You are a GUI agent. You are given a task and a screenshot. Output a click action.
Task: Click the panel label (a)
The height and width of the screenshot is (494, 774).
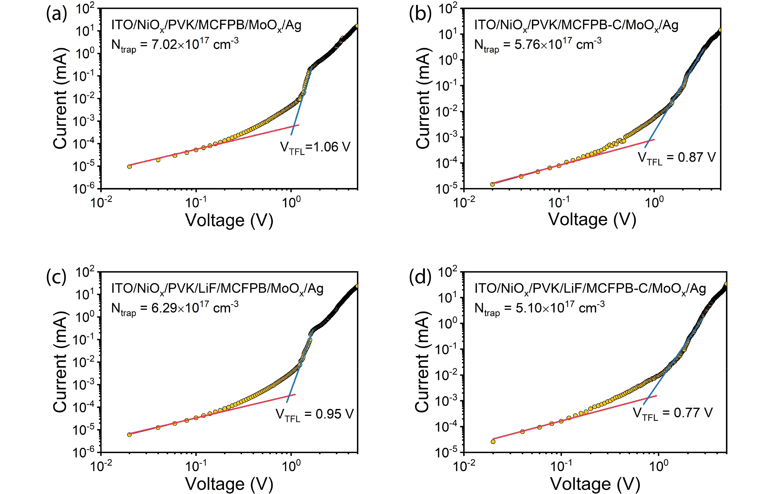coord(57,14)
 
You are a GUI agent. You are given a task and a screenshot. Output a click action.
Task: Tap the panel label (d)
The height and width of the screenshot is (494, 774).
coord(420,277)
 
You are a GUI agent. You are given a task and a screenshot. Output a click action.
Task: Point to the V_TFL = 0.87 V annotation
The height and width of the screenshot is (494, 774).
coord(677,158)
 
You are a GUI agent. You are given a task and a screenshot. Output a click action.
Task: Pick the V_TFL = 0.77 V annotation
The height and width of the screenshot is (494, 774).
coord(673,413)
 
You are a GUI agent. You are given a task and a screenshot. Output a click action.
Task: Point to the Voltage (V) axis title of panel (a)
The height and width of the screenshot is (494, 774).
coord(229,220)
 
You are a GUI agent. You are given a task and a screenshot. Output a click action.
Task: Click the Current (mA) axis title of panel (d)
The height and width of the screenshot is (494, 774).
coord(422,362)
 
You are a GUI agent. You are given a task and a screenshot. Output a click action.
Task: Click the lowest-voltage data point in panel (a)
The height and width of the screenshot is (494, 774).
coord(129,166)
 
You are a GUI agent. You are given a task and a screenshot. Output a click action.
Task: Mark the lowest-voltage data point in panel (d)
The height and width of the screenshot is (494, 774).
coord(493,441)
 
